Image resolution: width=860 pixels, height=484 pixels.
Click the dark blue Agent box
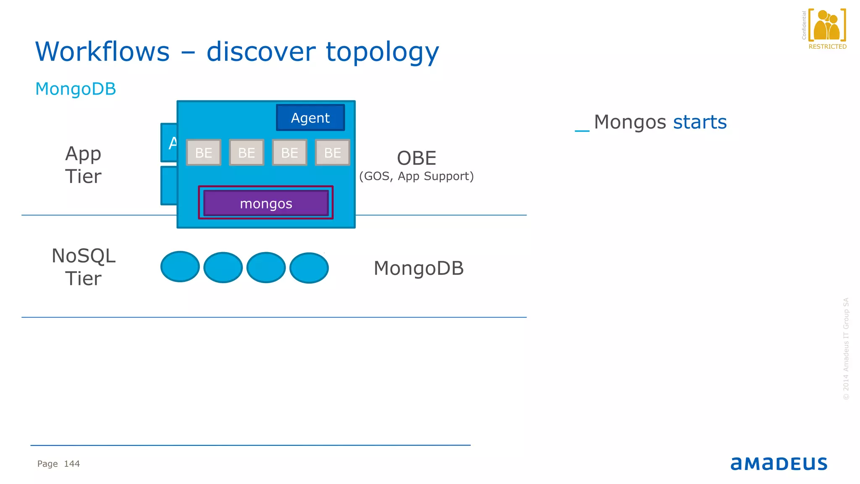click(x=310, y=118)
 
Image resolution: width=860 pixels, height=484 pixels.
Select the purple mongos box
click(x=266, y=203)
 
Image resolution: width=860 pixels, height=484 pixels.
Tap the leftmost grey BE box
click(x=204, y=153)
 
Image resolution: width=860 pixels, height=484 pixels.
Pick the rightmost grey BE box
click(x=333, y=153)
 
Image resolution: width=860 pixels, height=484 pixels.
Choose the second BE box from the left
click(x=246, y=153)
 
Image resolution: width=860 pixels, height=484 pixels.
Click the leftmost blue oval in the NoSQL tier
click(x=180, y=267)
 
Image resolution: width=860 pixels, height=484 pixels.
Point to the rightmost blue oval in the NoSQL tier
click(x=309, y=268)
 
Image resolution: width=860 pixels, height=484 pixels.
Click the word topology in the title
click(x=382, y=52)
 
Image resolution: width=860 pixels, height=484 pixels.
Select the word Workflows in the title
click(x=102, y=52)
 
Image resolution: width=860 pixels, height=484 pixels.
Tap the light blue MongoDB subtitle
click(x=76, y=89)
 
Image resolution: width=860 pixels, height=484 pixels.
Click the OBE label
click(x=417, y=158)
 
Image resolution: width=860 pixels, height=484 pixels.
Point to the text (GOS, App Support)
click(x=417, y=176)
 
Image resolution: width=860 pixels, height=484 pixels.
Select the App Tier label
click(x=83, y=165)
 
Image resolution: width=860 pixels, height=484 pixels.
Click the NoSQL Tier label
click(x=83, y=267)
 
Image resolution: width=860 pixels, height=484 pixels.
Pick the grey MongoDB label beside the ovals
click(x=419, y=268)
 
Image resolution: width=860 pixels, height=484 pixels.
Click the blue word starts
click(x=700, y=122)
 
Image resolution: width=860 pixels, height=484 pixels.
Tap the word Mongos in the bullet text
click(x=630, y=122)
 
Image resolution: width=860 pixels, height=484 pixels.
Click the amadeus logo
click(x=779, y=463)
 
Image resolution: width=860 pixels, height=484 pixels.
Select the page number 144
click(x=72, y=464)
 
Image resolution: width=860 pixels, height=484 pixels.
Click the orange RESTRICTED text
click(x=827, y=47)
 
